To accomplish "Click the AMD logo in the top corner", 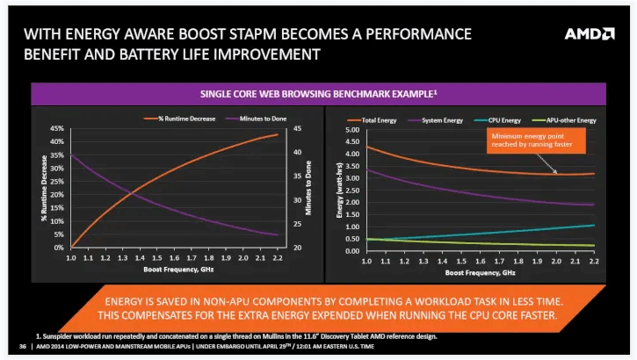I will (x=589, y=34).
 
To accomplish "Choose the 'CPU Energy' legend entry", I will (x=501, y=119).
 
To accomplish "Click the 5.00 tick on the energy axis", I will (x=351, y=130).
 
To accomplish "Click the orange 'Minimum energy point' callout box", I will (x=532, y=141).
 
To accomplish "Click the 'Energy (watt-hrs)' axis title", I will (x=337, y=189).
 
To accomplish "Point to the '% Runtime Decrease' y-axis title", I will (x=42, y=188).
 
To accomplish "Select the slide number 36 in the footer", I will (x=23, y=345).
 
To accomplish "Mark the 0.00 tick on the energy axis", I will (x=351, y=251).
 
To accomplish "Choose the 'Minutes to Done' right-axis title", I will (x=308, y=188).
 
